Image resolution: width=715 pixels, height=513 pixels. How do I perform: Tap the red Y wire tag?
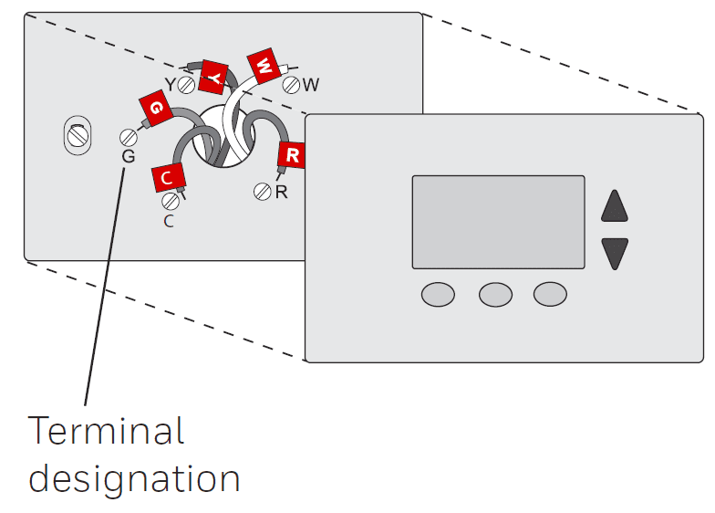(214, 78)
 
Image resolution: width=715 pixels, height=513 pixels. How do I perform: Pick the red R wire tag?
(292, 155)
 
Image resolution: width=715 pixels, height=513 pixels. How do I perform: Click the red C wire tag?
(169, 177)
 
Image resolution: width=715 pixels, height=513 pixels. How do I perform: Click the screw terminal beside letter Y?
(186, 85)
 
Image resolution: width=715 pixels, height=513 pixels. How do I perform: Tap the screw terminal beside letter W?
(292, 85)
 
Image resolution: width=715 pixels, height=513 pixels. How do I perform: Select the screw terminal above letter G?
(129, 137)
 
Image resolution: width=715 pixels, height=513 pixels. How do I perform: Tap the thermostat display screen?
(498, 222)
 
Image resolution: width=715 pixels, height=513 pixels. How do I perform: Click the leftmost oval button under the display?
(438, 294)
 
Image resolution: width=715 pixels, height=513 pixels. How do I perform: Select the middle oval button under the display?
(495, 294)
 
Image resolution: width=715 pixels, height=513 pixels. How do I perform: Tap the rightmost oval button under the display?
(551, 294)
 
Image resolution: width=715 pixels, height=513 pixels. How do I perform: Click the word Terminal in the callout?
(106, 431)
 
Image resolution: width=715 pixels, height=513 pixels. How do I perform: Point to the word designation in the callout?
(134, 478)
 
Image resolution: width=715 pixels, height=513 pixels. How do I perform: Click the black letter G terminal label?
(128, 157)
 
